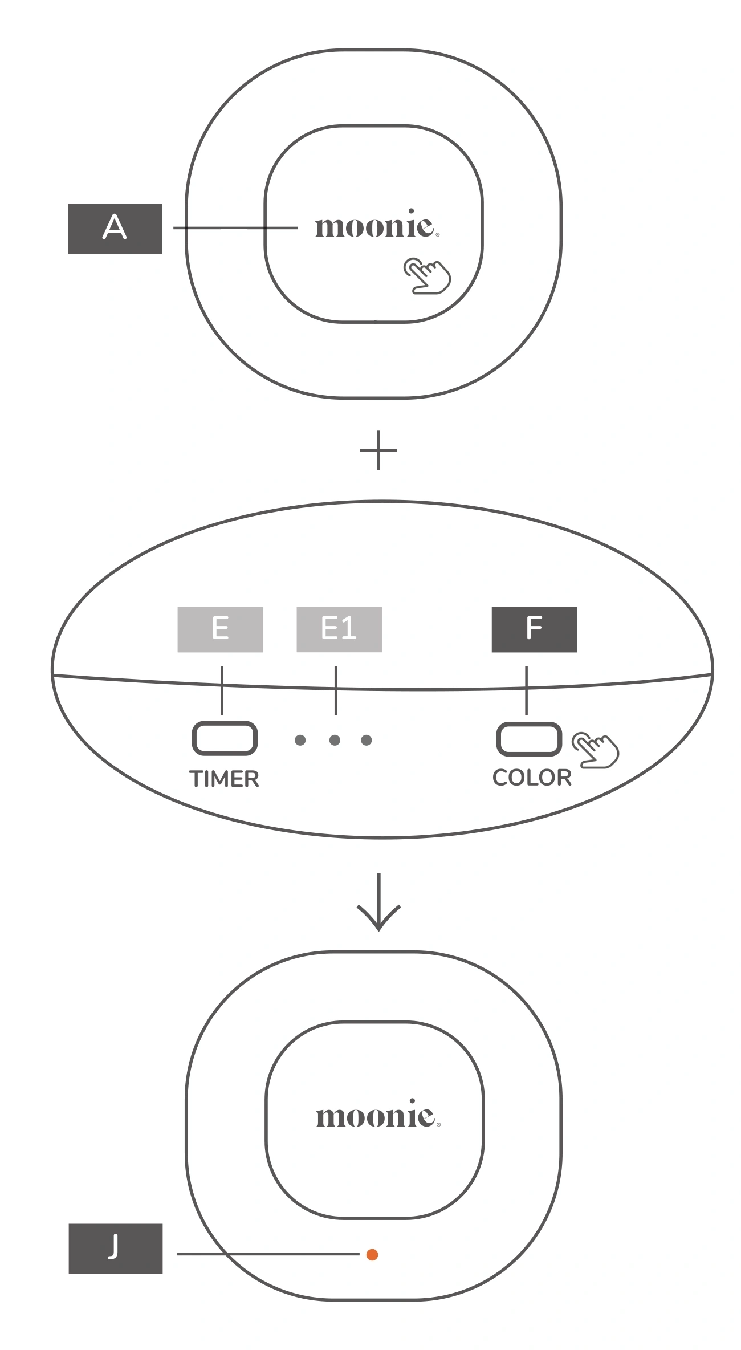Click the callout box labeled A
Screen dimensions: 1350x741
(x=115, y=228)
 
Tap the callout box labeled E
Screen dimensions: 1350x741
(x=220, y=629)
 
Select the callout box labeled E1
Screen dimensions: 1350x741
(x=339, y=629)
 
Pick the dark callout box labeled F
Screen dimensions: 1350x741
(x=534, y=629)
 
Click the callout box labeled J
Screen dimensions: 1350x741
(x=115, y=1248)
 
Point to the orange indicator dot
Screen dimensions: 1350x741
(x=372, y=1254)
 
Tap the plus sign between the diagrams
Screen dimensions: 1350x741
(x=378, y=450)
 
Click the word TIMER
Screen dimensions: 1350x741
(x=224, y=779)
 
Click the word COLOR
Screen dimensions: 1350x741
(x=532, y=778)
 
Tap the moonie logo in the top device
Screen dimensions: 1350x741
(x=377, y=226)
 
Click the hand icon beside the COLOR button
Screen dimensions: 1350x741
(x=596, y=750)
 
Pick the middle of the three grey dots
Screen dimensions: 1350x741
(x=335, y=740)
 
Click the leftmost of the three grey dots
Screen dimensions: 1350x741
(x=300, y=740)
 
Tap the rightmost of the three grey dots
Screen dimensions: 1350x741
(x=367, y=740)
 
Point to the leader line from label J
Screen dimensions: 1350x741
(x=268, y=1254)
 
